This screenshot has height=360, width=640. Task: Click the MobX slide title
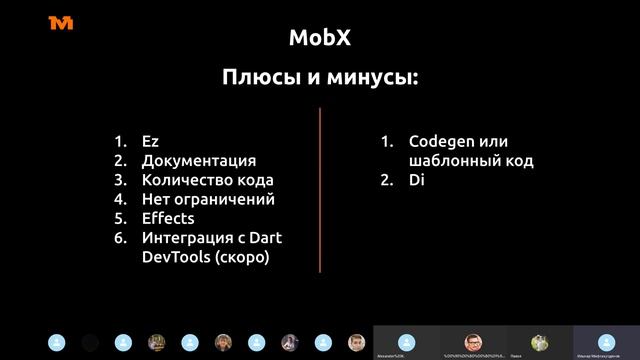(x=320, y=38)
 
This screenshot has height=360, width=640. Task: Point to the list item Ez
(x=150, y=141)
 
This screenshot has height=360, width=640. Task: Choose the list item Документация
(x=198, y=160)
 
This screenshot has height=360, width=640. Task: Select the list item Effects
(x=168, y=218)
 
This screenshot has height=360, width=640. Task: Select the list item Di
(x=417, y=180)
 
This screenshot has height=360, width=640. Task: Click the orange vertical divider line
(x=320, y=190)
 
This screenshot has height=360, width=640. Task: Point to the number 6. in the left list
(x=120, y=237)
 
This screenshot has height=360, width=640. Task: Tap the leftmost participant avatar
(x=57, y=342)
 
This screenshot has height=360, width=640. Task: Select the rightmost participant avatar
(x=606, y=341)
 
